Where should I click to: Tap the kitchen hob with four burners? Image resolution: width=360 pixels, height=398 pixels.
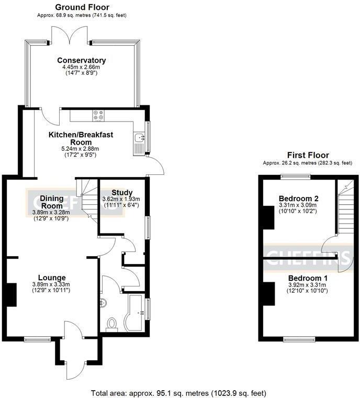98,114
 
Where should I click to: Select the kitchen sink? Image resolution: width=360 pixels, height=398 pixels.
139,139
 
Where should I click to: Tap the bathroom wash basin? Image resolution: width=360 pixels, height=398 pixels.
103,302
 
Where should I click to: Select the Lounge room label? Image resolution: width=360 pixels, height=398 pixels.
51,278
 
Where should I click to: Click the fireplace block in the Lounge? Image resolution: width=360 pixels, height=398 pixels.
10,294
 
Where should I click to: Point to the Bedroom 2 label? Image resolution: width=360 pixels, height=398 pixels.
298,199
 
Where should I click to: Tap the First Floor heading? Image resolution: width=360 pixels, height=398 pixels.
308,155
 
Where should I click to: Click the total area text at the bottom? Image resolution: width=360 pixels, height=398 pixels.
178,392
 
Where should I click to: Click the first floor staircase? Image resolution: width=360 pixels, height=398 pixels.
344,209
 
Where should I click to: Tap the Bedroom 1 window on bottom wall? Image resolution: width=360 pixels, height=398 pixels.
299,339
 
